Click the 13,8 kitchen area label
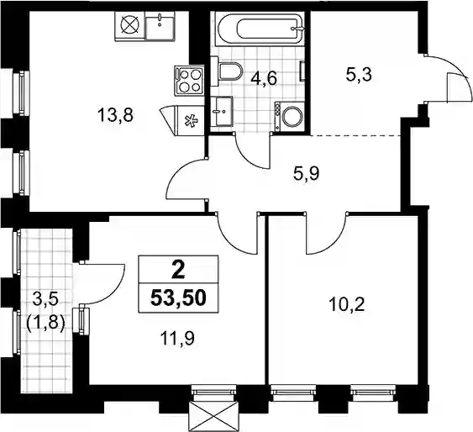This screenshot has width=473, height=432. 115,115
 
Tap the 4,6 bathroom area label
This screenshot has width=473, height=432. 264,79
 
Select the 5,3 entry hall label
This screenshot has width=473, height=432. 359,75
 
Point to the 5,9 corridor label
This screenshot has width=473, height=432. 306,173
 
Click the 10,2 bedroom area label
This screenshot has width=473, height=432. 347,304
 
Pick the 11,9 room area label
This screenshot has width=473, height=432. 177,339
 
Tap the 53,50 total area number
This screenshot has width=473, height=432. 178,298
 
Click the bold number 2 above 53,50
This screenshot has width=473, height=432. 178,270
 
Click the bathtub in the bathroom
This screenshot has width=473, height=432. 260,29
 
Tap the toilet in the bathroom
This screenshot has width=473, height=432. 230,72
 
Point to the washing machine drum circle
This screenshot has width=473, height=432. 292,117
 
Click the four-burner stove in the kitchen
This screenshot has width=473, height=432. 188,81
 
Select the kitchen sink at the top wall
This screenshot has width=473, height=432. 160,26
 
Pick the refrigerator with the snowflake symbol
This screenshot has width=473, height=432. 191,121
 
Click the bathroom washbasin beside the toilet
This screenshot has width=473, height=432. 222,111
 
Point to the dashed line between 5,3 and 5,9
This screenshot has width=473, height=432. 356,136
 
